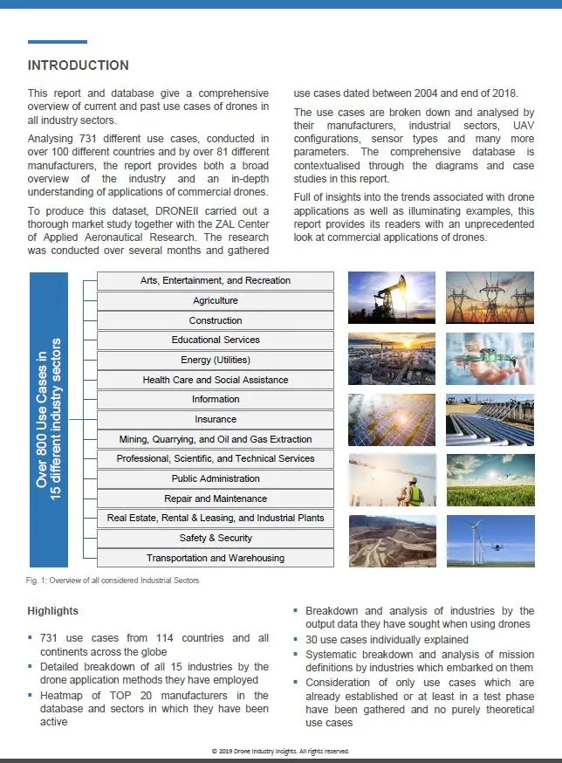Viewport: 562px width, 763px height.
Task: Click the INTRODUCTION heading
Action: (79, 65)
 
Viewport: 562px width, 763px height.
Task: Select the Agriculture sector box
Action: (215, 300)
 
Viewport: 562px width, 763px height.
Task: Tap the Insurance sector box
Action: (215, 419)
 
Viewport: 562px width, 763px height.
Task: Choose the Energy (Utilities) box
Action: (215, 360)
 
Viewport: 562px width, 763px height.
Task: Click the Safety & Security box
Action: (215, 538)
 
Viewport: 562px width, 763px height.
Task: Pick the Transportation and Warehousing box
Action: (215, 558)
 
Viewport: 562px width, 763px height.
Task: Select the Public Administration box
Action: (215, 478)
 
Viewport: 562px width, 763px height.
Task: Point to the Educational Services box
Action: (215, 340)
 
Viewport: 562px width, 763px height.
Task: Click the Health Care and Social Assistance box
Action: (215, 380)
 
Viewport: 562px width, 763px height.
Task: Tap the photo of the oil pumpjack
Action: (391, 297)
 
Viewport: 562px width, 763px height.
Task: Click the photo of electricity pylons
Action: (490, 297)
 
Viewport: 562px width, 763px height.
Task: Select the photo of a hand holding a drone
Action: (490, 358)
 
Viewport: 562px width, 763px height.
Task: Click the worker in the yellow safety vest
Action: (415, 493)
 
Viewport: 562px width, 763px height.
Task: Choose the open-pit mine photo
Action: (391, 541)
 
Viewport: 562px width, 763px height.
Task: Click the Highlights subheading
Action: (52, 611)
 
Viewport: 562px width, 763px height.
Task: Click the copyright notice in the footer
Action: (280, 751)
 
